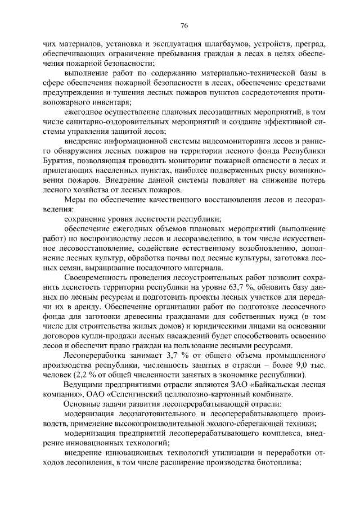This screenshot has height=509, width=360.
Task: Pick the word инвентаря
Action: coord(110,102)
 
